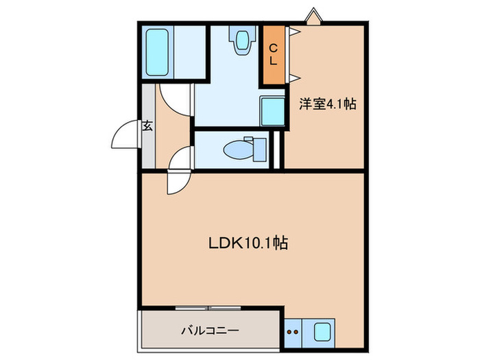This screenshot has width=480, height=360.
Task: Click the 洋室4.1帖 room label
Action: click(326, 105)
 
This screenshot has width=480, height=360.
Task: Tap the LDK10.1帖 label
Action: click(248, 243)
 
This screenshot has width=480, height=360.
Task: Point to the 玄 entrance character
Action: click(147, 125)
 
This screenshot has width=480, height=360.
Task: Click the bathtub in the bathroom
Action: click(158, 51)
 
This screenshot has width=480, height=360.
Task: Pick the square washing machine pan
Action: click(272, 110)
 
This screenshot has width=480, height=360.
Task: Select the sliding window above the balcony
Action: click(211, 307)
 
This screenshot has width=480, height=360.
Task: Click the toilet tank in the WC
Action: click(259, 148)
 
